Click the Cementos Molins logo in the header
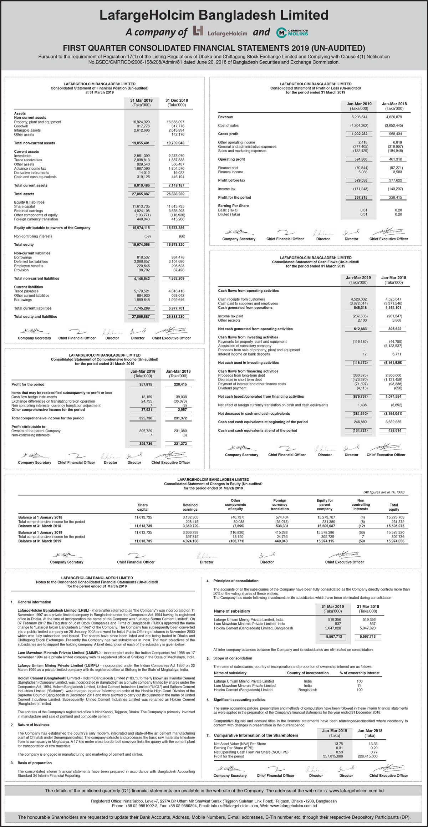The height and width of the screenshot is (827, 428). [x=292, y=32]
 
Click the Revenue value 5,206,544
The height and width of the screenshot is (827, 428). [x=359, y=117]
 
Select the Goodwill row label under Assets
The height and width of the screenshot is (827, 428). [x=21, y=126]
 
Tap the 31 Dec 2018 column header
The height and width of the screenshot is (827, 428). [x=177, y=101]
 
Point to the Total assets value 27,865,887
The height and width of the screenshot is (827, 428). [x=141, y=194]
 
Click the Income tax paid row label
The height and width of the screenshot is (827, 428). [x=230, y=316]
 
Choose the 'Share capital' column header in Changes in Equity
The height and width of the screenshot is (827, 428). [x=143, y=507]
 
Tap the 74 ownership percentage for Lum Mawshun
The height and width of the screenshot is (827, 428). [x=360, y=685]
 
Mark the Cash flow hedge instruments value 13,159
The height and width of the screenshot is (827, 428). [x=147, y=397]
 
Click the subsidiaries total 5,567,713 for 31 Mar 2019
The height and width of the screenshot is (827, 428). [x=334, y=637]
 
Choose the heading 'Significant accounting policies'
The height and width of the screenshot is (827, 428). [x=239, y=700]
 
